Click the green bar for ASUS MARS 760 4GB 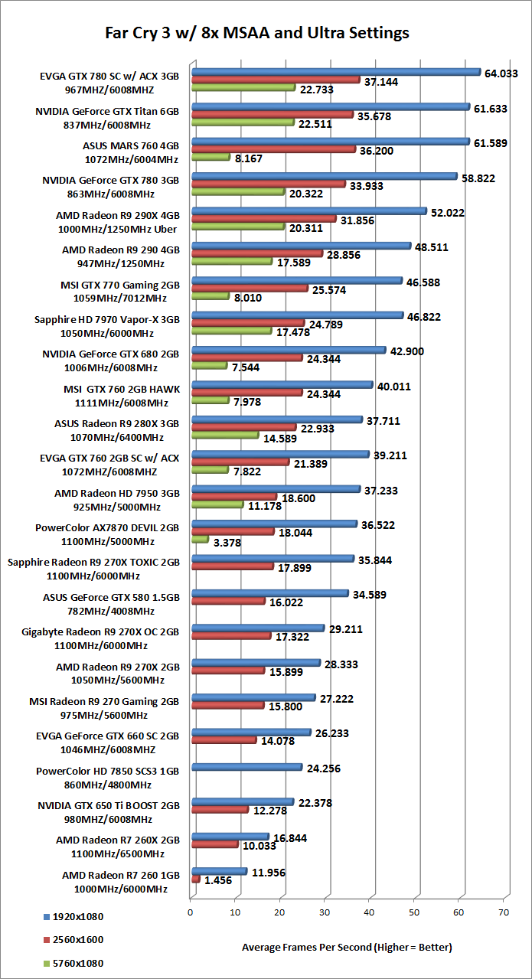coord(210,157)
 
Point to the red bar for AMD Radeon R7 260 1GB coord(196,880)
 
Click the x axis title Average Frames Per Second coord(347,947)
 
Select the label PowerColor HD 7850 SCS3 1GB coord(107,771)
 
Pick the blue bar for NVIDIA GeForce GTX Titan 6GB coord(330,107)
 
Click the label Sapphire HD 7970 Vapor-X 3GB coord(107,319)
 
